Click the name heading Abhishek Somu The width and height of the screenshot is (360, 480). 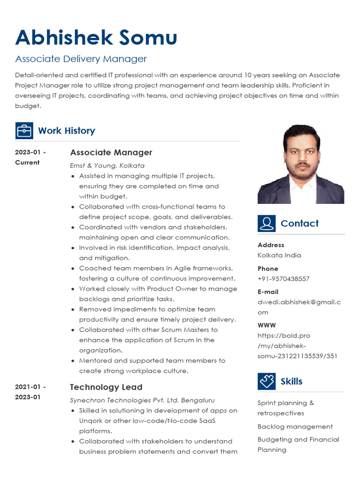point(96,37)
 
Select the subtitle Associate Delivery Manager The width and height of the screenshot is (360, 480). point(81,59)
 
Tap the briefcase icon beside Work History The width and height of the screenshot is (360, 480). point(24,131)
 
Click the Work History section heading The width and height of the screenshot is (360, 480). point(66,131)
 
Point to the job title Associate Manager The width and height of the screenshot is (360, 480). point(111,152)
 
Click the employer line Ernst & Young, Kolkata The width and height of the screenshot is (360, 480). point(107,165)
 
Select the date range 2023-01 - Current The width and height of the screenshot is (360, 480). point(30,157)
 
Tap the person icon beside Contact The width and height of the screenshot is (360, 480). point(266,224)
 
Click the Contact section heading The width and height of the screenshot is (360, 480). point(299,224)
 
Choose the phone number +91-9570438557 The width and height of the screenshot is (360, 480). point(283,279)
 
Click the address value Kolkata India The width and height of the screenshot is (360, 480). point(279,255)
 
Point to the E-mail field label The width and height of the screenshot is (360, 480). point(268,292)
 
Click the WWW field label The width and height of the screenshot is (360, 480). point(266,325)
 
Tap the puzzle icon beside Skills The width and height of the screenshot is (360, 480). point(266,381)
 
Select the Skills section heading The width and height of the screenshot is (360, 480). point(291,381)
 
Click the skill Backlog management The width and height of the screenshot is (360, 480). point(295,427)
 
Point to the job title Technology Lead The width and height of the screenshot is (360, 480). point(106,387)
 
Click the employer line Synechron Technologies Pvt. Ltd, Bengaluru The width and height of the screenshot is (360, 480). point(142,400)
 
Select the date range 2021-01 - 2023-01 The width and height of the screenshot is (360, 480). point(30,392)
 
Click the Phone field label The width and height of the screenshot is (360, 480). point(268,269)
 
